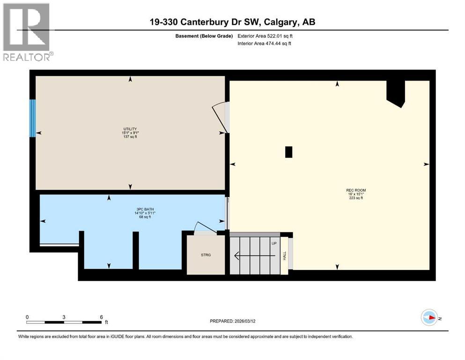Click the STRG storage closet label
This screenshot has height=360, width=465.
pyautogui.click(x=206, y=255)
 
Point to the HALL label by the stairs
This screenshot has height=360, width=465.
pyautogui.click(x=284, y=255)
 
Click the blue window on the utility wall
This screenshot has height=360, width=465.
pyautogui.click(x=32, y=118)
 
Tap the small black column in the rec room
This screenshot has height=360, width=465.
pyautogui.click(x=289, y=152)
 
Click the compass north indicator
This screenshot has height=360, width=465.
pyautogui.click(x=429, y=317)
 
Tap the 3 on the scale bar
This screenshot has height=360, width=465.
pyautogui.click(x=64, y=317)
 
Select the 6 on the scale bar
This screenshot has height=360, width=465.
pyautogui.click(x=101, y=317)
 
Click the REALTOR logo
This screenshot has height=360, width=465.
pyautogui.click(x=28, y=32)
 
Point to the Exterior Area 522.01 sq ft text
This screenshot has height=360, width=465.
pyautogui.click(x=267, y=36)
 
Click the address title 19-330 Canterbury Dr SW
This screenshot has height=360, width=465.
pyautogui.click(x=232, y=22)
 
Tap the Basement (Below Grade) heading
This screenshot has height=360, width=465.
pyautogui.click(x=203, y=36)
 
